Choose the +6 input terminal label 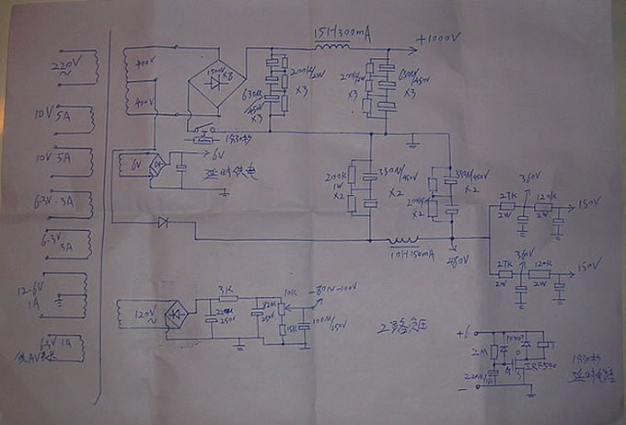462,327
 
